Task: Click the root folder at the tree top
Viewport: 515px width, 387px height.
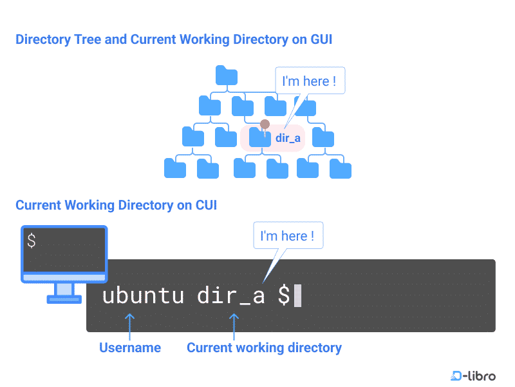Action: [227, 75]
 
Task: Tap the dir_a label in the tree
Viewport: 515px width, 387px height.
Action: [288, 138]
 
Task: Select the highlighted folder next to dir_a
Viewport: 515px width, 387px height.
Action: [259, 137]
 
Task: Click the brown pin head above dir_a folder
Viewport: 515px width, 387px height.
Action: [265, 124]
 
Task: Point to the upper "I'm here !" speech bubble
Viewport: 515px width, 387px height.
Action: [310, 81]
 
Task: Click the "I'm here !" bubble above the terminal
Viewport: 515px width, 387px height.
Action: [288, 236]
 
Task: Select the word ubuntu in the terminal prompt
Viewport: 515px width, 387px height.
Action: [143, 296]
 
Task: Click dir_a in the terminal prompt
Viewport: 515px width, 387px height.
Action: [230, 296]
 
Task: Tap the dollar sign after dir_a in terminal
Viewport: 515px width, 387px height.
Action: [283, 296]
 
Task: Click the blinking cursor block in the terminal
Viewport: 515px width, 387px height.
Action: [297, 296]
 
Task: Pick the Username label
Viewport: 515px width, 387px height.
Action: [130, 348]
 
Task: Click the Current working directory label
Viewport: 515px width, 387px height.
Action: [264, 348]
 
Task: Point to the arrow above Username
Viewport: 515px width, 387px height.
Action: [130, 326]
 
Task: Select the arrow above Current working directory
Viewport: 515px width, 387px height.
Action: [234, 326]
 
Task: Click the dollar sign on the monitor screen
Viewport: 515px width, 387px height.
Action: [32, 241]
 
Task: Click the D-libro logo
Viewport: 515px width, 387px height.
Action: [473, 375]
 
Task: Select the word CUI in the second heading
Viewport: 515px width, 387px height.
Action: [206, 206]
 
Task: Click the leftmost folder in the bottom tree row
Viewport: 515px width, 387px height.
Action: [175, 168]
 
